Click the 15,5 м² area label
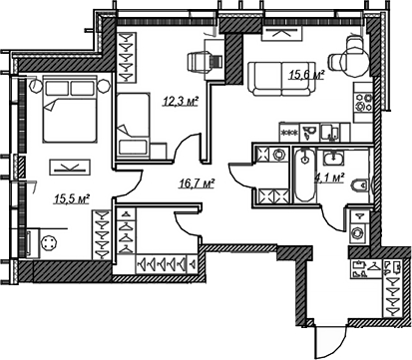coord(73,199)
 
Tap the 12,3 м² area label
coord(181,101)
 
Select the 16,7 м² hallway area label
coord(198,183)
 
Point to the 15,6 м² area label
coord(306,75)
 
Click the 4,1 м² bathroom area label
coord(329,179)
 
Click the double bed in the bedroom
coord(70,109)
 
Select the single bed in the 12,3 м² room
coord(133,125)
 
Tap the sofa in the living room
coord(281,79)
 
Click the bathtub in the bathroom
coord(304,175)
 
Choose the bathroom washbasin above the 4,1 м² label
coord(333,158)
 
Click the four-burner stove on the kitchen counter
coord(363,102)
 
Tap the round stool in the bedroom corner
coord(49,243)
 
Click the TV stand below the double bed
coord(70,168)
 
